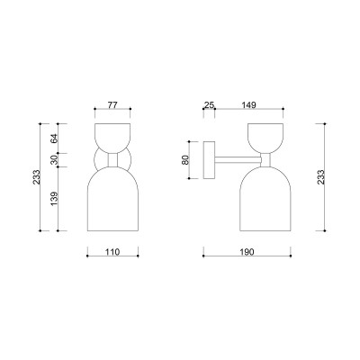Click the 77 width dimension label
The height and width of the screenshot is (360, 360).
tap(112, 104)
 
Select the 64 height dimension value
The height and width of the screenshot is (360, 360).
tap(54, 139)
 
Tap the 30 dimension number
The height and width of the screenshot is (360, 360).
tap(54, 160)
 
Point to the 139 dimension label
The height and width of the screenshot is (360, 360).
tap(54, 199)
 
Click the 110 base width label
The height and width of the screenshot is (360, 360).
tap(112, 252)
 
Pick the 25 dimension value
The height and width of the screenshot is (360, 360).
tap(209, 104)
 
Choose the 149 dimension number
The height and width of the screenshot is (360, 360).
tap(248, 104)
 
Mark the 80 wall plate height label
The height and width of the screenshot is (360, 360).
tap(185, 159)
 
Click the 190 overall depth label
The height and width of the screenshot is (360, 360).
tap(247, 252)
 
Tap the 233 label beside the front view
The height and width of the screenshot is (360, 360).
tap(36, 177)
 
